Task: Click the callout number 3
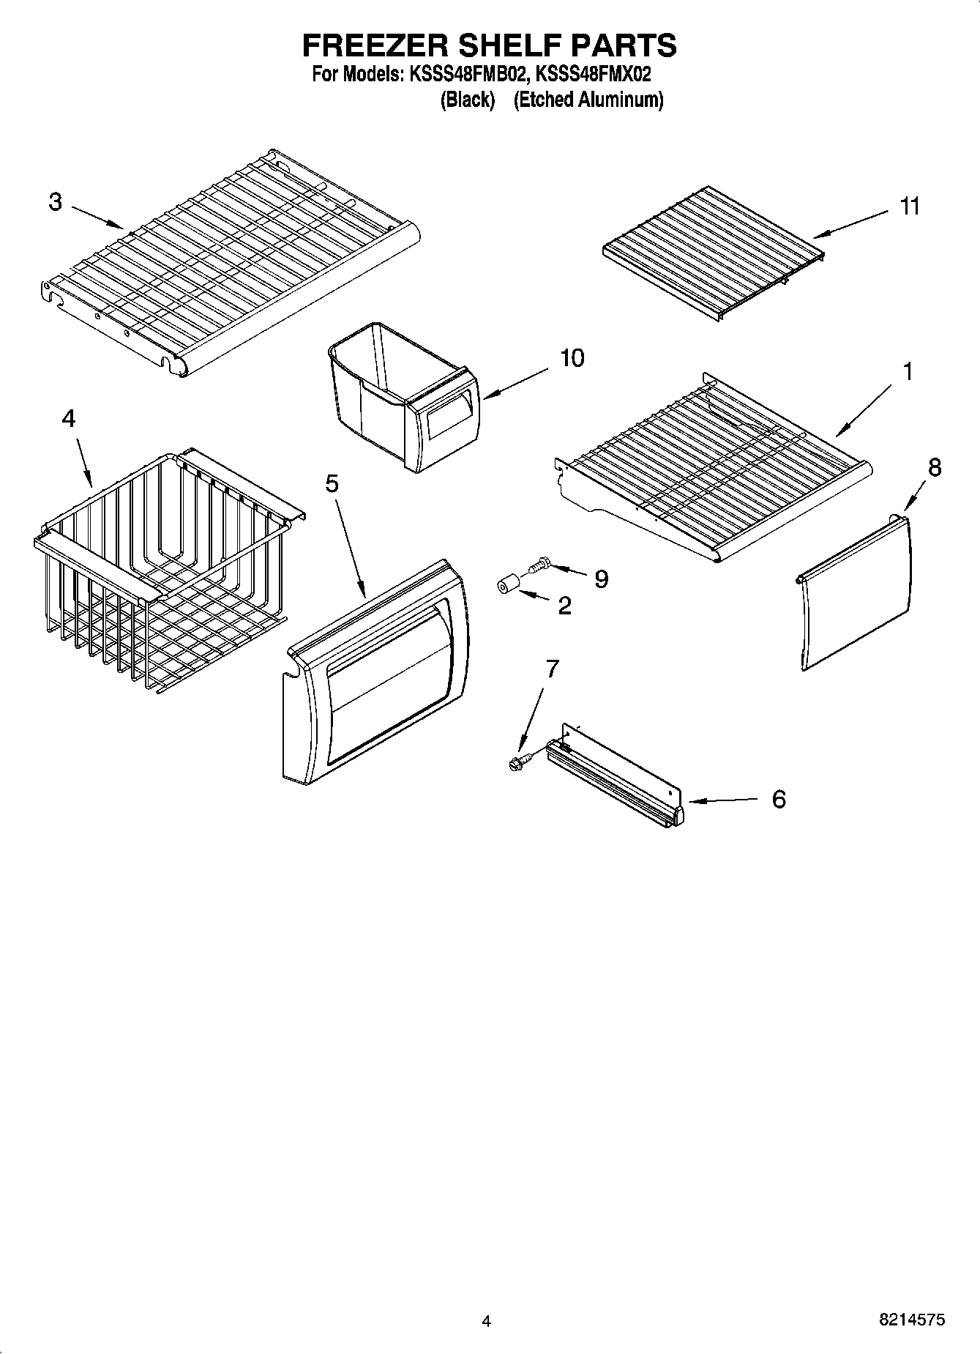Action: click(56, 202)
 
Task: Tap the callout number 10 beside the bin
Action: click(572, 358)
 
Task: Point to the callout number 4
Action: click(68, 418)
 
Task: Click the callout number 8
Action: click(934, 467)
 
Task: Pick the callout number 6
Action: click(779, 799)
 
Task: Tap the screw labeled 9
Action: click(537, 565)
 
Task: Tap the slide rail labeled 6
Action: click(615, 780)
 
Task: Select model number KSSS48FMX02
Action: click(594, 74)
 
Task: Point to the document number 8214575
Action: click(911, 1320)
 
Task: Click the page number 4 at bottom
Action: click(486, 1322)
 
